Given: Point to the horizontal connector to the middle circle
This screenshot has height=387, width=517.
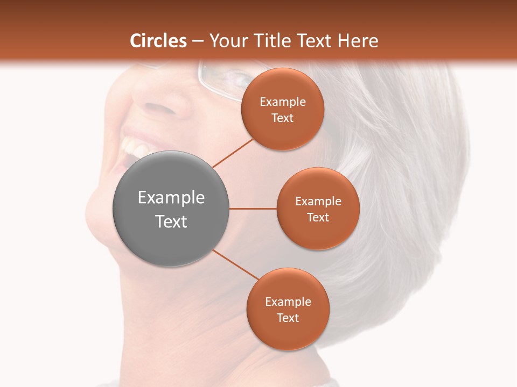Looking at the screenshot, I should [x=253, y=209].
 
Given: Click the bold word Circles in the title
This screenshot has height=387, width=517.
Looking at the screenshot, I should [x=158, y=41].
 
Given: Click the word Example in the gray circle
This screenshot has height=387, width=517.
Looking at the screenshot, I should [x=171, y=198].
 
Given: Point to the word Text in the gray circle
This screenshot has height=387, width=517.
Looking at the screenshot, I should [x=171, y=221].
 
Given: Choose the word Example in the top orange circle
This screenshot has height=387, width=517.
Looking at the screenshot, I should [x=282, y=102].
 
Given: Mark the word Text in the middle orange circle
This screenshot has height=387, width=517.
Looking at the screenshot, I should [x=318, y=217].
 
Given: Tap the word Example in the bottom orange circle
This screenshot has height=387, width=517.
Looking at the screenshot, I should [x=288, y=302].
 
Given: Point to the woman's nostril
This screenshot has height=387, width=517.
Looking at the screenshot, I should [x=162, y=107].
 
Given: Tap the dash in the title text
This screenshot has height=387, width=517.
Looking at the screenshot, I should [x=198, y=41].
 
